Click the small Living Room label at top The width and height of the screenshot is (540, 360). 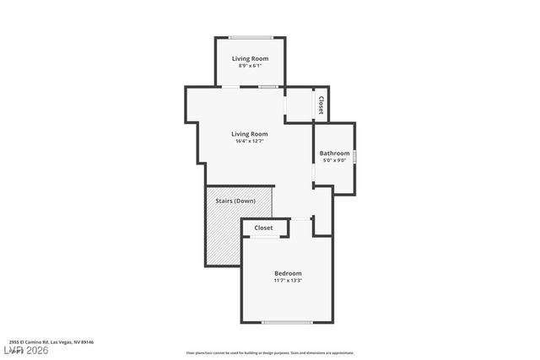250,58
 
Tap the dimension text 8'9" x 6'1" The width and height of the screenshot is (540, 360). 250,66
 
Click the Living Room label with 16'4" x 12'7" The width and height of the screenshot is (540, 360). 250,133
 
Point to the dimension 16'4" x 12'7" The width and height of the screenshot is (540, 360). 250,141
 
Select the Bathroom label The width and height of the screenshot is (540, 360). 334,153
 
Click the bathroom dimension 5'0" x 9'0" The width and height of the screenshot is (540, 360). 334,160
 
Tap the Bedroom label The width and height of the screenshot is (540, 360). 288,273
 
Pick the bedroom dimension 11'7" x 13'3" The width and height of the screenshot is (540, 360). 288,281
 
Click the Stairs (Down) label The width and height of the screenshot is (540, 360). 235,201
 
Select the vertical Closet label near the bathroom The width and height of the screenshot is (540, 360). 321,105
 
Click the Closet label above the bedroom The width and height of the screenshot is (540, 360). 263,228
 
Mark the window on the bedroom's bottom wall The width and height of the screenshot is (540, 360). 288,322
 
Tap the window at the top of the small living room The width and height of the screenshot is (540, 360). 251,37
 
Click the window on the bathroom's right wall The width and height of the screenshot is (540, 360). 354,157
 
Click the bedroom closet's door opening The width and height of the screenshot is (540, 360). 264,238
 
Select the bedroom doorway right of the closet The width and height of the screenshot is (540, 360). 301,218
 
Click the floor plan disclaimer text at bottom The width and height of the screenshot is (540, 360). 270,353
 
